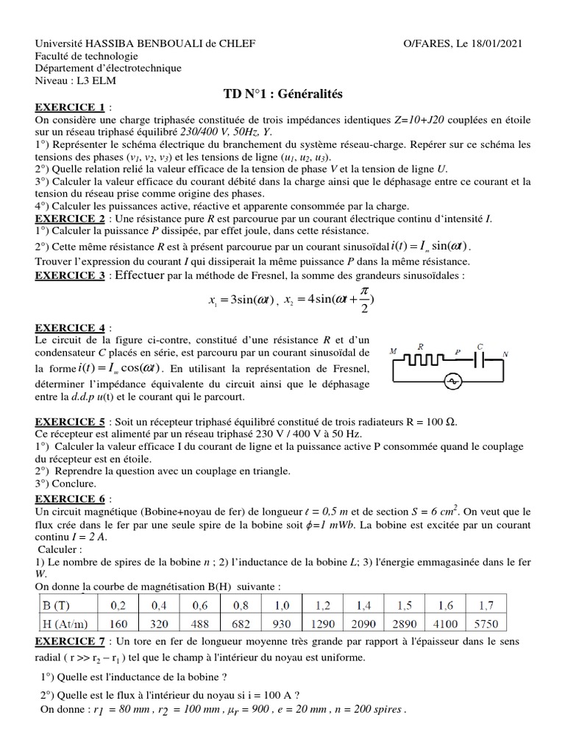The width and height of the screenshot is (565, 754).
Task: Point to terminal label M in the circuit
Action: click(x=394, y=351)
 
